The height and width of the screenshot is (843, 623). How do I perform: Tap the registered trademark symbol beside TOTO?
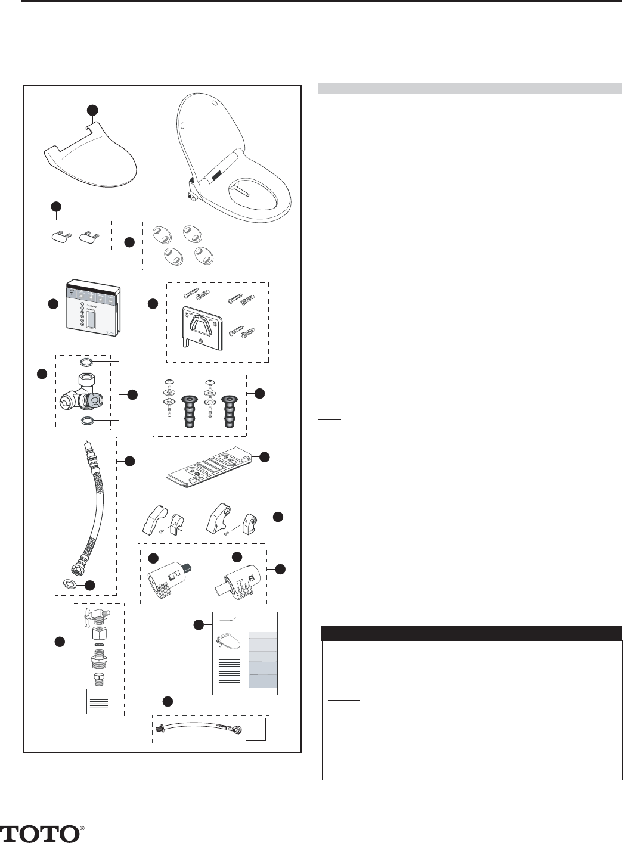83,828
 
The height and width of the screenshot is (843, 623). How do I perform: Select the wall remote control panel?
93,313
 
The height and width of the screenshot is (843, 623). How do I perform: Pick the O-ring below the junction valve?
87,421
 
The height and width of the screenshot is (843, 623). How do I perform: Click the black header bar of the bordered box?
472,632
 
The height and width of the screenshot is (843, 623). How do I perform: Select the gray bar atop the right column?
470,89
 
